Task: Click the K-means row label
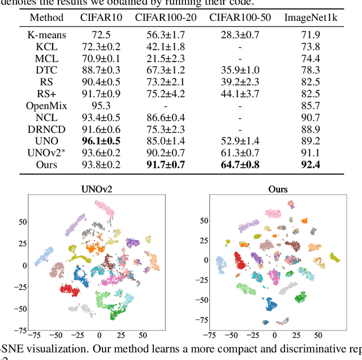coord(46,35)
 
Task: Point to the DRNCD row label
coord(46,129)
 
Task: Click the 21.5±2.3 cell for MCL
coord(166,58)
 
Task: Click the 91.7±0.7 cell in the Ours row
coord(166,164)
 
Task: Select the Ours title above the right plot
coord(278,189)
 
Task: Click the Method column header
coord(46,18)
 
